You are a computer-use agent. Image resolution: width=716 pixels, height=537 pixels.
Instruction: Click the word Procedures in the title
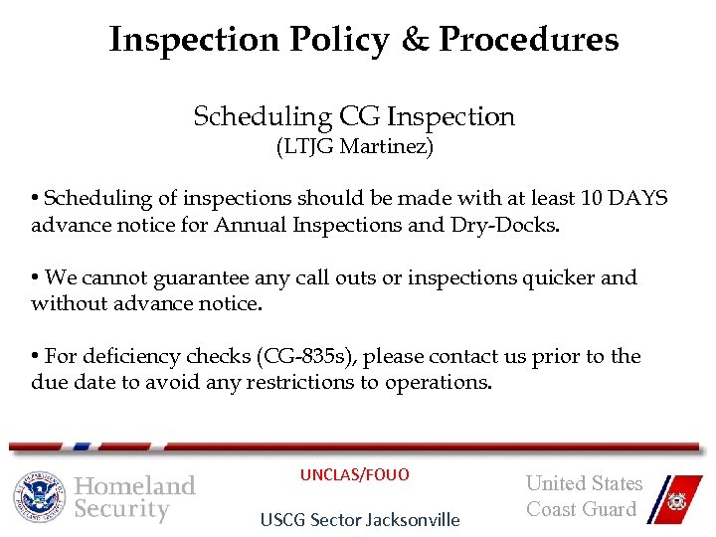coord(529,40)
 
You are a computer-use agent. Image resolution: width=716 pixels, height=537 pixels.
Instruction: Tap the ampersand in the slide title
coord(411,40)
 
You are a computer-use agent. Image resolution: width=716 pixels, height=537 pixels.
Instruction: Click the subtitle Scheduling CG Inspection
coord(354,117)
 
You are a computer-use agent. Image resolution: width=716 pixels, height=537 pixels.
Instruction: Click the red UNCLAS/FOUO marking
coord(354,475)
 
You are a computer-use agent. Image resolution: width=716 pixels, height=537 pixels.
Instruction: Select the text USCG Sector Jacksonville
coord(359,520)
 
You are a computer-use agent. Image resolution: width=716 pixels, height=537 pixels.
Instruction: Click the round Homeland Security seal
coord(39,496)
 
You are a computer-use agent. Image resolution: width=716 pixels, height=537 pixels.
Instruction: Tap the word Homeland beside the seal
coord(135,486)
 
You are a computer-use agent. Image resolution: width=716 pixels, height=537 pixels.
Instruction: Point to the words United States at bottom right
coord(584,484)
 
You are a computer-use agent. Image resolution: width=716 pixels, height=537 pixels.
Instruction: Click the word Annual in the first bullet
coord(240,226)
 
